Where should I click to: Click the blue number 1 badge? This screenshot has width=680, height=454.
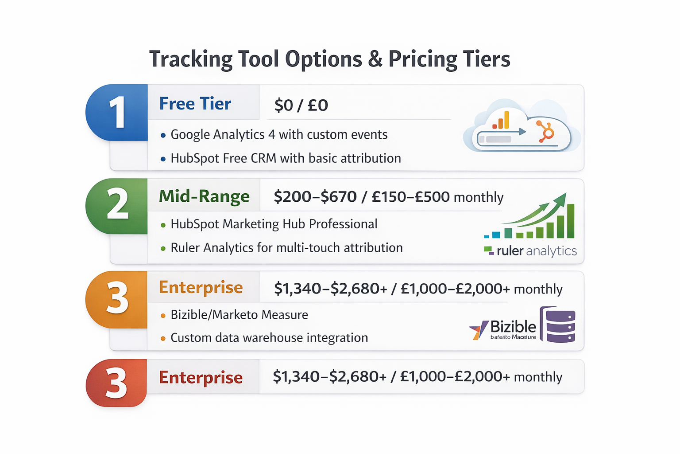point(117,113)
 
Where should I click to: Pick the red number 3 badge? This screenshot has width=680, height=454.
point(116,383)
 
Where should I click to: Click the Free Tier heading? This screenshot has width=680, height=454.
point(195,104)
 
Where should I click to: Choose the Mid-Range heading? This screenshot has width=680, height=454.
point(204,196)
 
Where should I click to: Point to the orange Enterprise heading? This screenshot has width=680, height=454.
point(201,287)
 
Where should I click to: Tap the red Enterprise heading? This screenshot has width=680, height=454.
point(201,378)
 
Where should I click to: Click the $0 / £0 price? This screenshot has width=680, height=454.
point(301,106)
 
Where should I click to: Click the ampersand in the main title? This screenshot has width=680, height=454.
point(375,59)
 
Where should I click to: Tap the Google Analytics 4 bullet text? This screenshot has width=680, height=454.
point(279,135)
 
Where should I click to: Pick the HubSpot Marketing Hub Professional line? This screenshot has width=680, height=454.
point(274,224)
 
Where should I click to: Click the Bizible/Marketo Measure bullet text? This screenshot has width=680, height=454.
point(239,315)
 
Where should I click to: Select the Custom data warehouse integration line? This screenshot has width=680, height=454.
point(269,338)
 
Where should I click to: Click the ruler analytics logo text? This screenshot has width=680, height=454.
point(536,251)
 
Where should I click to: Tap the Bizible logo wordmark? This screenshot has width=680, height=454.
point(513,327)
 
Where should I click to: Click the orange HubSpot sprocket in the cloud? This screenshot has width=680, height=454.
point(546,132)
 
